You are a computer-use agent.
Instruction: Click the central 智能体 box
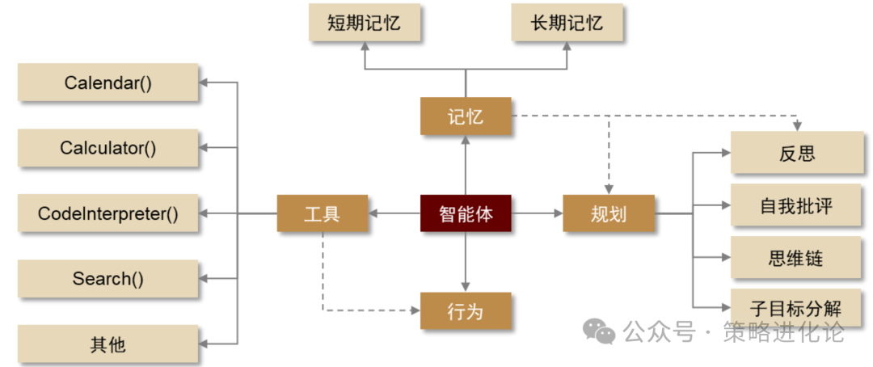point(466,213)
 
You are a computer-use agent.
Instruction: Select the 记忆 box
point(466,116)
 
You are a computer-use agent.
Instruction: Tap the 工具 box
point(322,213)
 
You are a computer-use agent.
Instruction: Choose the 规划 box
point(609,213)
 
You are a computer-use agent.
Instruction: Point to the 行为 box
point(466,310)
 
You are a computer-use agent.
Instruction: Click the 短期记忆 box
point(365,22)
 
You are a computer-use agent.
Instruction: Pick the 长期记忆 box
point(568,22)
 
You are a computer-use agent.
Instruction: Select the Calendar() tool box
point(108,82)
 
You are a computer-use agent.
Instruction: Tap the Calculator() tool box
point(108,148)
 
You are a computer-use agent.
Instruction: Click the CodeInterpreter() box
point(108,213)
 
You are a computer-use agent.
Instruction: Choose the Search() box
point(108,279)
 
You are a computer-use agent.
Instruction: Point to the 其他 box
point(108,344)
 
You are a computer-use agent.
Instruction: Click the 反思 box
point(797,153)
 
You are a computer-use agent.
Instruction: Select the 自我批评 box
point(797,205)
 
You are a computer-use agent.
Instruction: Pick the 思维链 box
point(797,258)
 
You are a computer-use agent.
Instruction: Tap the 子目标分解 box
point(797,308)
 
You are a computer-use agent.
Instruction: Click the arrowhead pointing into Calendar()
point(204,82)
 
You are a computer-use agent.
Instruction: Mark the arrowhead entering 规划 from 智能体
point(559,213)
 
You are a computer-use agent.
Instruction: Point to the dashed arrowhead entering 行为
point(415,310)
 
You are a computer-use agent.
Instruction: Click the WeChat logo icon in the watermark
point(600,331)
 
